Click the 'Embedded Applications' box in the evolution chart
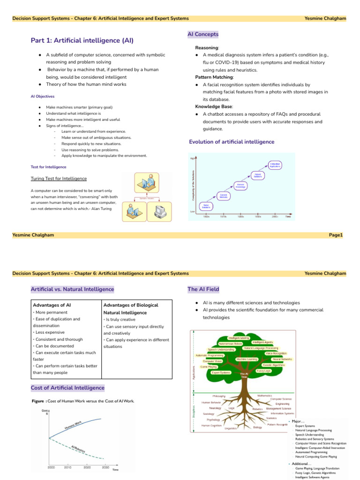(x=275, y=165)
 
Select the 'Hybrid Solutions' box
(x=258, y=175)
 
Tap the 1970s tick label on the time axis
(x=223, y=217)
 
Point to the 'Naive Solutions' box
(x=206, y=206)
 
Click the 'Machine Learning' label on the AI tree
(x=247, y=359)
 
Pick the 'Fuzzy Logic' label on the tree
(x=264, y=371)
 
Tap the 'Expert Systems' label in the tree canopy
(x=221, y=373)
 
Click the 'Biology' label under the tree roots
(x=257, y=427)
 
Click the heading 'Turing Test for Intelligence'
(x=58, y=179)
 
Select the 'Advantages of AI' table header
(x=52, y=305)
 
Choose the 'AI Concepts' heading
(x=202, y=34)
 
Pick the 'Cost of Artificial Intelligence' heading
(x=67, y=388)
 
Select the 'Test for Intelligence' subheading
(x=48, y=167)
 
